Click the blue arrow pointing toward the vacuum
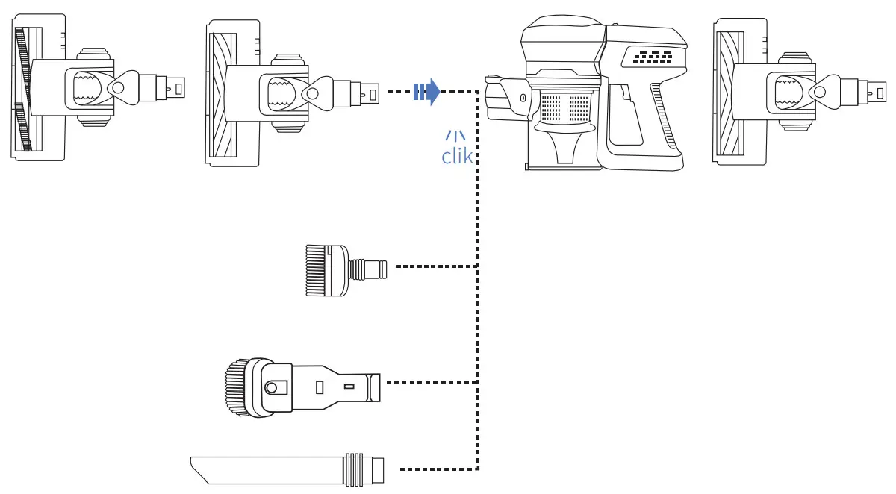pyautogui.click(x=426, y=92)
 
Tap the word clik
pyautogui.click(x=456, y=157)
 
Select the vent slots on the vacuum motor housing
pyautogui.click(x=652, y=55)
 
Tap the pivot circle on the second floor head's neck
pyautogui.click(x=311, y=93)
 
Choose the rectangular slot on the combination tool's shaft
pyautogui.click(x=320, y=387)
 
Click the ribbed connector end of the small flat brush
pyautogui.click(x=373, y=266)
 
